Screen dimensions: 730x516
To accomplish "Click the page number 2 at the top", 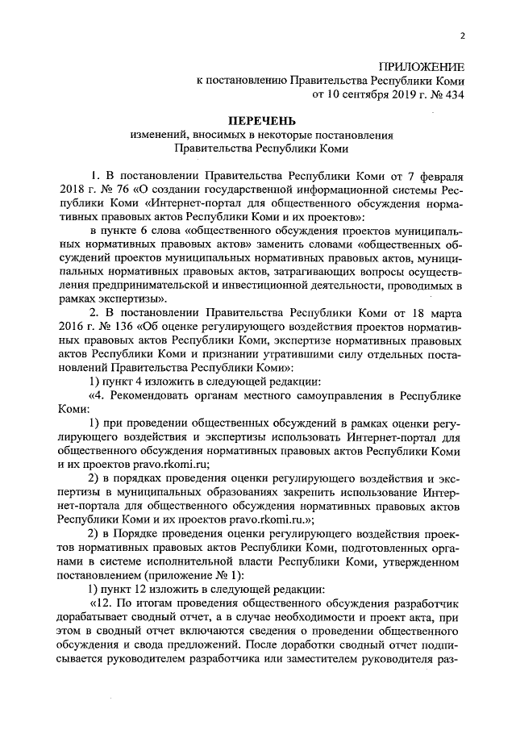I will pyautogui.click(x=463, y=35).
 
